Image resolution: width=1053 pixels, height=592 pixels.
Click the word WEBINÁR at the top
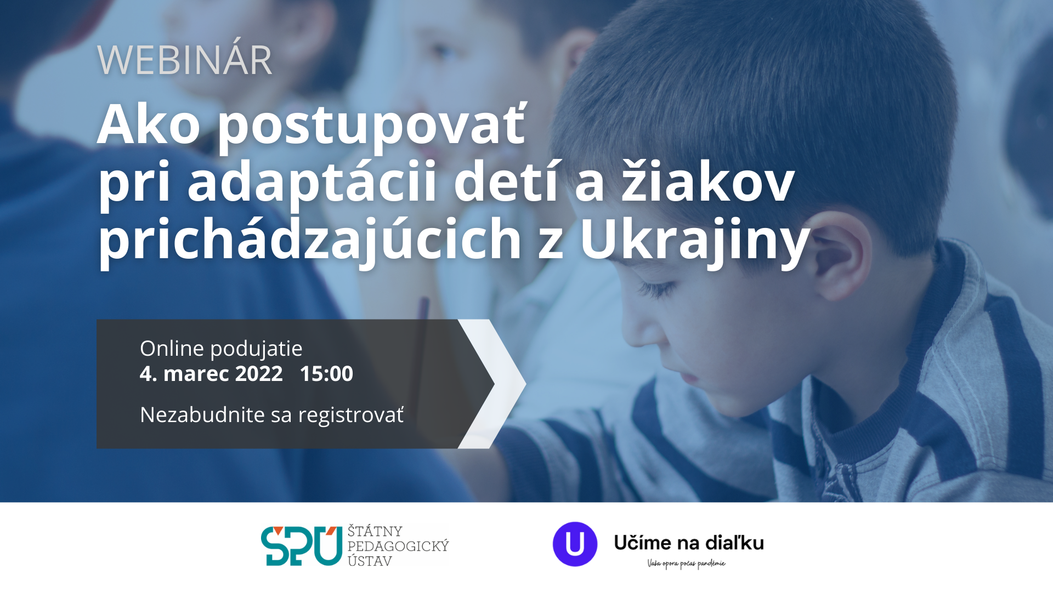coord(184,60)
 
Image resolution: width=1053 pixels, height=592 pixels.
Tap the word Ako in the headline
coord(149,124)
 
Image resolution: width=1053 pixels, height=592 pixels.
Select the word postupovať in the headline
coord(372,127)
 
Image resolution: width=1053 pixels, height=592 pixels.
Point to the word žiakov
coord(707,182)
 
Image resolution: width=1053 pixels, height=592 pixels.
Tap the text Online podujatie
coord(221,349)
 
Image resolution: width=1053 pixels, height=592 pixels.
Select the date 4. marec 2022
coord(211,374)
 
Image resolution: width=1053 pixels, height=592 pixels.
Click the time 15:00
coord(326,374)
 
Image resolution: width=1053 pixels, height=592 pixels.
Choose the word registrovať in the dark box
coord(351,415)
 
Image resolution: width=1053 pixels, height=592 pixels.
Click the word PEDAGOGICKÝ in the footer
coord(398,546)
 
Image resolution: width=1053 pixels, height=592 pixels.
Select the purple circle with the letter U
coord(575,544)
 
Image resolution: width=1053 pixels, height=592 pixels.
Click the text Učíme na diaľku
coord(689,543)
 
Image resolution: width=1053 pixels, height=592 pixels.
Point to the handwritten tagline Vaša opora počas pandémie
coord(686,563)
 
